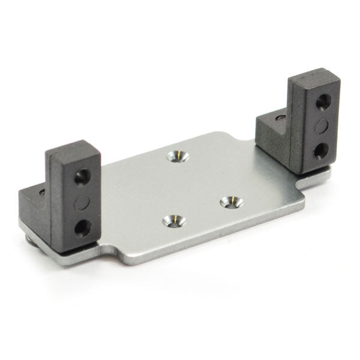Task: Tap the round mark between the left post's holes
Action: click(x=82, y=202)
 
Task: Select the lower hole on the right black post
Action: click(x=321, y=148)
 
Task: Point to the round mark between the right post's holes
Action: click(x=322, y=124)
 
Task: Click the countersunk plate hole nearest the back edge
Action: click(x=178, y=156)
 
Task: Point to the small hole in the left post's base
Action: click(x=41, y=193)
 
